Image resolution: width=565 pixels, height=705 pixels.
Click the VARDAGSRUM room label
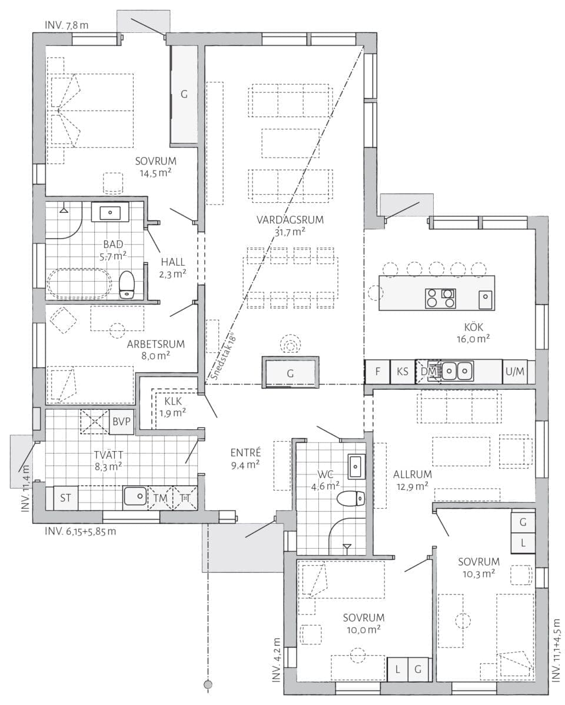pos(290,220)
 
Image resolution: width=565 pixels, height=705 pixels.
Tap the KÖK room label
pos(473,328)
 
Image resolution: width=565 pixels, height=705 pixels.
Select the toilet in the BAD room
pos(127,285)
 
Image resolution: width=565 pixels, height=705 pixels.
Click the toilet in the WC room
pos(351,498)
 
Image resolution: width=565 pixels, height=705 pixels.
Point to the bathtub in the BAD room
pos(79,284)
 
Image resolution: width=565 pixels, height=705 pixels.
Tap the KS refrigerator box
pos(402,372)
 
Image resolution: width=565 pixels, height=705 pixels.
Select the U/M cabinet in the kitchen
pos(514,372)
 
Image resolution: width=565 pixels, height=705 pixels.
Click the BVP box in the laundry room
pos(122,422)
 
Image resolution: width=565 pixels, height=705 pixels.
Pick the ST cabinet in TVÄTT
pos(66,497)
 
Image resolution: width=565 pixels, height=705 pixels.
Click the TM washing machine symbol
pos(160,497)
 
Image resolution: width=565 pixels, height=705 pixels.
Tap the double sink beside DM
pos(457,372)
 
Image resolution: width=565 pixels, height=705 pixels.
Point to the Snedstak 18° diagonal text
pos(223,356)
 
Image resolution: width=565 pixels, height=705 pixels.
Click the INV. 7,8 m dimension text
pos(66,25)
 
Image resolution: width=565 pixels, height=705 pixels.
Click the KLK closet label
pos(174,401)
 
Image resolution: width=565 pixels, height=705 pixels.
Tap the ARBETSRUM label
pos(156,345)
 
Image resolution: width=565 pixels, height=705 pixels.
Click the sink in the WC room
pos(355,466)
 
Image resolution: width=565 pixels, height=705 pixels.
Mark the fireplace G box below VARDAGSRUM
pos(290,372)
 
